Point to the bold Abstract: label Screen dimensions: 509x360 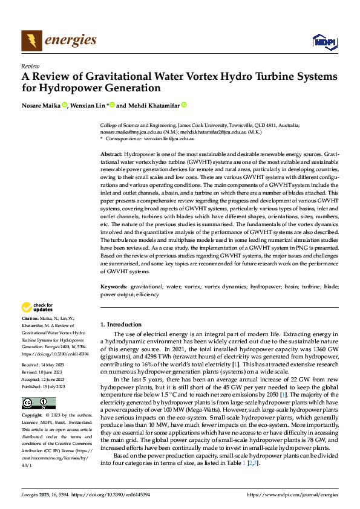(x=111, y=155)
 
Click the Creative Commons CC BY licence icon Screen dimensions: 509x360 (x=38, y=404)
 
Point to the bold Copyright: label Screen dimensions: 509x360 (x=32, y=416)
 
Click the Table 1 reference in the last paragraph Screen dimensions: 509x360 (x=240, y=462)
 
